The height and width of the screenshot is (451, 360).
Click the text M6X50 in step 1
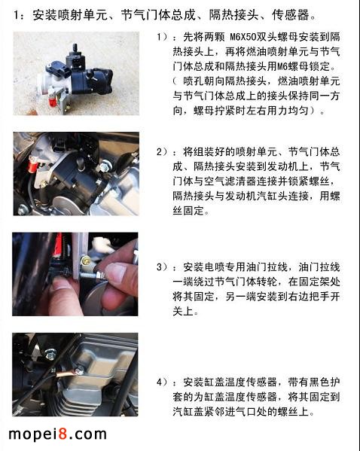point(243,37)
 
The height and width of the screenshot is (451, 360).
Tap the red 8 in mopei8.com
point(63,434)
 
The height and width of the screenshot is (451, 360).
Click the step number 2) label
point(162,151)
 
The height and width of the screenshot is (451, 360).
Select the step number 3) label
point(162,267)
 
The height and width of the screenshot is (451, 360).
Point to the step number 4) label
point(162,382)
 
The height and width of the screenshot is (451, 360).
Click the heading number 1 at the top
point(17,15)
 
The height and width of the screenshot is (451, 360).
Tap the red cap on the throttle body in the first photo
point(52,102)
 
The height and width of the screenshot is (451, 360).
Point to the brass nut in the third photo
point(86,261)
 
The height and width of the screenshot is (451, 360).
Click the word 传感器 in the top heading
point(291,15)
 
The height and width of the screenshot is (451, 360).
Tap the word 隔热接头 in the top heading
point(233,15)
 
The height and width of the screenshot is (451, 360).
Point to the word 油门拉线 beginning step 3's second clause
point(319,267)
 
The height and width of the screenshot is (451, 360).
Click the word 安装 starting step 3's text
point(194,267)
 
